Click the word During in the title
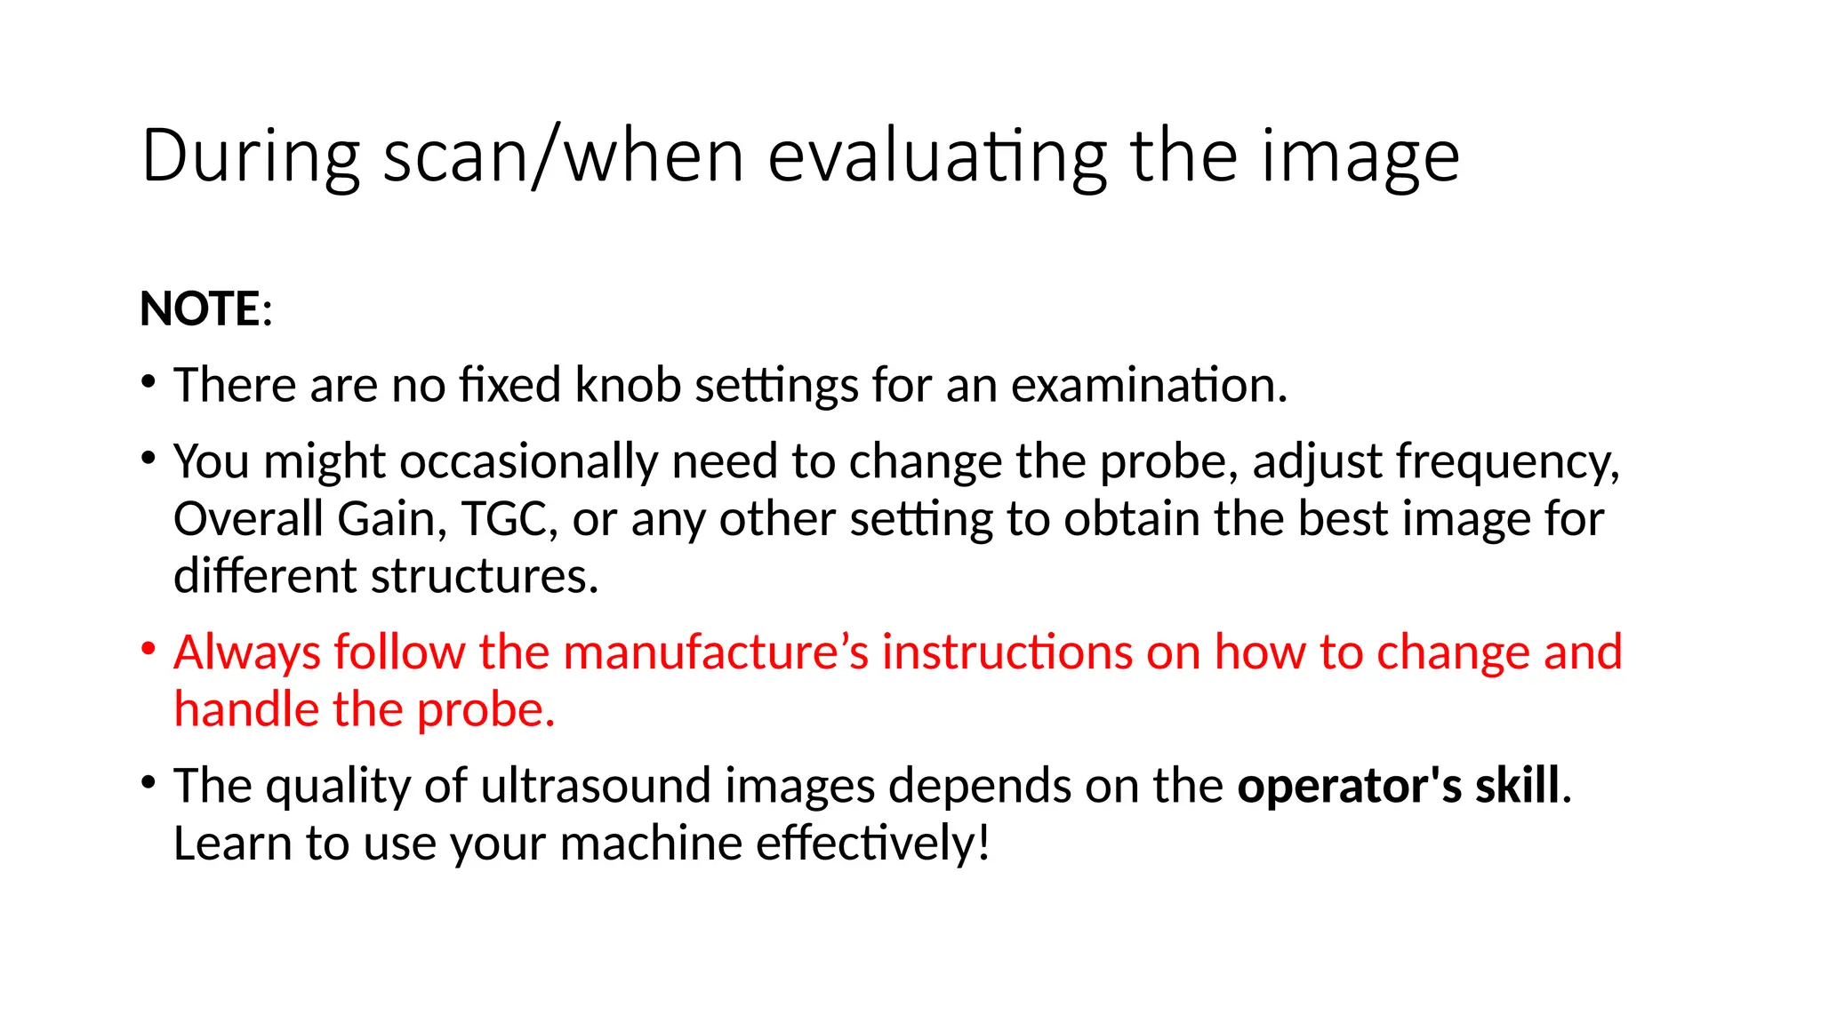click(x=250, y=156)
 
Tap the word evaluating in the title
click(x=937, y=158)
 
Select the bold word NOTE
click(x=200, y=309)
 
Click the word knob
click(x=627, y=385)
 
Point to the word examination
click(x=1149, y=385)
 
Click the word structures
click(x=485, y=577)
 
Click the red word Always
click(x=246, y=653)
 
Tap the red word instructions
click(x=1007, y=652)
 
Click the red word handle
click(x=245, y=710)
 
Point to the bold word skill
click(x=1518, y=786)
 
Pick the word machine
click(x=651, y=844)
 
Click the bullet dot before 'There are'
click(x=148, y=382)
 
